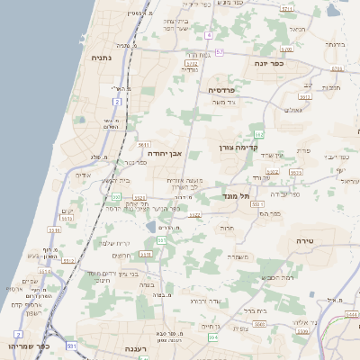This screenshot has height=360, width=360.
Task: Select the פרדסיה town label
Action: [x=220, y=90]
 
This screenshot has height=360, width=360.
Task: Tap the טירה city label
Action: [x=303, y=241]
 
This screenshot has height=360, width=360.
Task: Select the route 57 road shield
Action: [x=220, y=52]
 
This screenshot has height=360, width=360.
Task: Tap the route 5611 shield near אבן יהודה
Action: [x=144, y=144]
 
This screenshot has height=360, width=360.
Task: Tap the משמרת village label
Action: [x=238, y=256]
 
